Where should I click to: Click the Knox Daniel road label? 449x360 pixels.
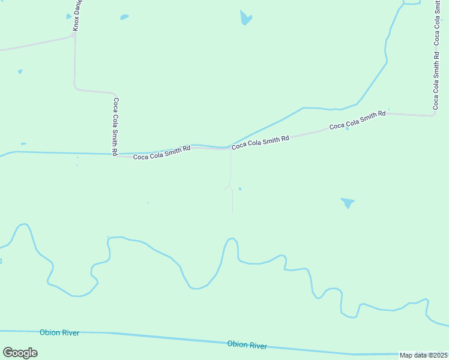(77, 16)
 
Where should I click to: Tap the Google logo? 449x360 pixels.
(20, 353)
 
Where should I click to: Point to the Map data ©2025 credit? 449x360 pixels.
(424, 355)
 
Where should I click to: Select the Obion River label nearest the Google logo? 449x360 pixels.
(59, 332)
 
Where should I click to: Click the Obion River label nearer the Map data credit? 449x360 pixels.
(247, 345)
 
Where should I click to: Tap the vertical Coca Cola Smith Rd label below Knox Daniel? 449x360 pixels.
(116, 126)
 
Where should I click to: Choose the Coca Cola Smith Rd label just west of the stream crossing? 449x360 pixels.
(161, 152)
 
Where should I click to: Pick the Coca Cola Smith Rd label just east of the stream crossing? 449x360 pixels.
(261, 142)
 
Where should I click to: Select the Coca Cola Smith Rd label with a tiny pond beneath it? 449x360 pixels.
(357, 121)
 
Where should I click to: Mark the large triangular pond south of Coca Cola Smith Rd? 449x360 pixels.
(348, 203)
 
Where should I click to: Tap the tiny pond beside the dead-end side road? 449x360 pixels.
(240, 189)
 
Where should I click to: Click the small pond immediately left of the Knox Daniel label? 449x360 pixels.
(68, 17)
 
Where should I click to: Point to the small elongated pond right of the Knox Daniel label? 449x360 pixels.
(124, 17)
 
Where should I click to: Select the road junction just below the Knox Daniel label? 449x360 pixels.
(74, 35)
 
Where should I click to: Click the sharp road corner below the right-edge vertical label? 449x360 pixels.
(433, 114)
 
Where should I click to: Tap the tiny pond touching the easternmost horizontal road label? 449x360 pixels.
(347, 128)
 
